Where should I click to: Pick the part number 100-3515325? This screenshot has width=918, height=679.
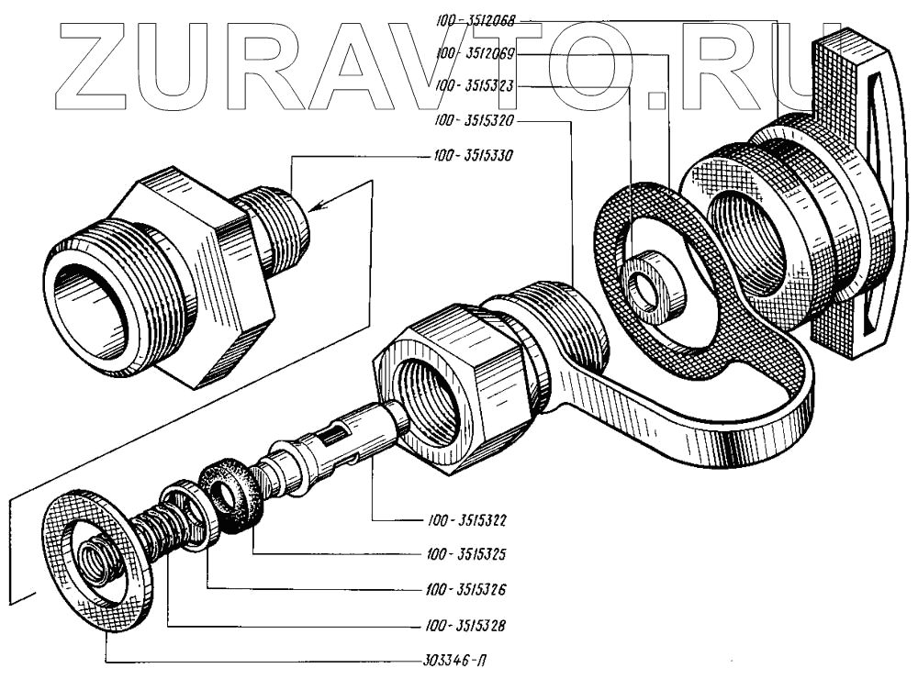467,554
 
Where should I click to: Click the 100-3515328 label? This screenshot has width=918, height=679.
467,626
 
